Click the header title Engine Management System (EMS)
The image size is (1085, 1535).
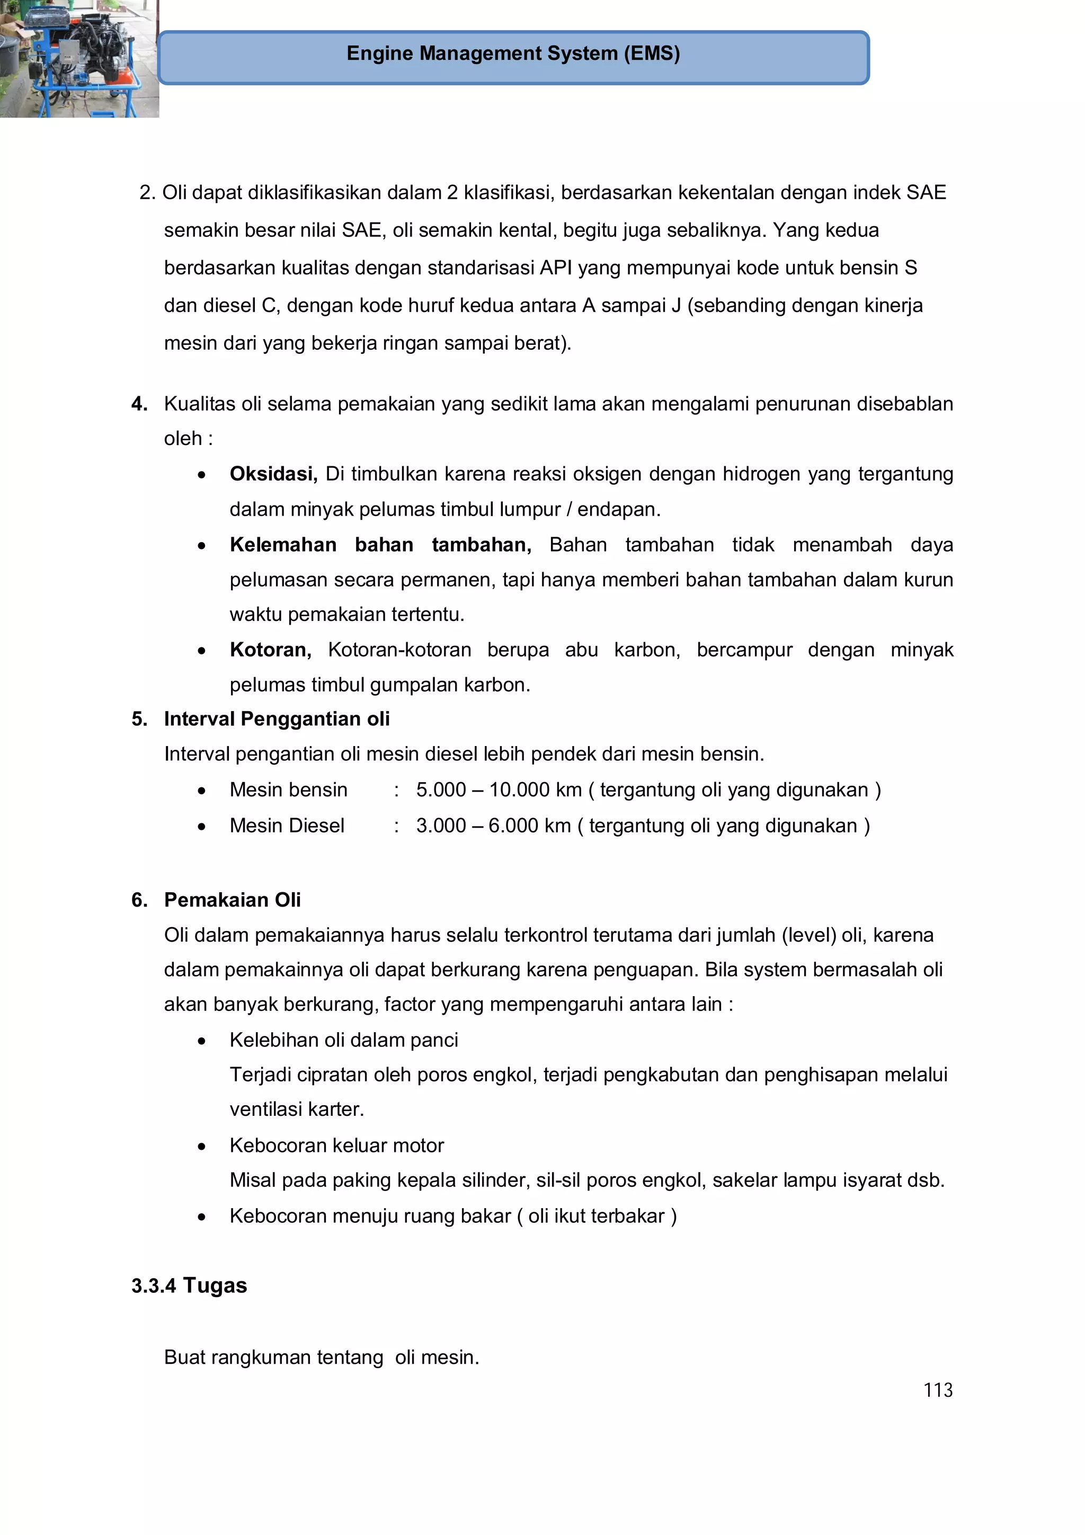pyautogui.click(x=513, y=54)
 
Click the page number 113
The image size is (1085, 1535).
pyautogui.click(x=937, y=1390)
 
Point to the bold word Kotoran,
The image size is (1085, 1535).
pyautogui.click(x=270, y=649)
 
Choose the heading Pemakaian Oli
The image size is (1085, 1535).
pyautogui.click(x=232, y=899)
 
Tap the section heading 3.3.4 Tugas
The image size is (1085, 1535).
pyautogui.click(x=189, y=1285)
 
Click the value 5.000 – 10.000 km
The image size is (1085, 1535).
pyautogui.click(x=498, y=789)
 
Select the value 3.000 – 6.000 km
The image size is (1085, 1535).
pyautogui.click(x=493, y=826)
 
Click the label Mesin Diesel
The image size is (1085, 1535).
pyautogui.click(x=287, y=826)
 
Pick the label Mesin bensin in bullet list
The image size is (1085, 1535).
pyautogui.click(x=288, y=789)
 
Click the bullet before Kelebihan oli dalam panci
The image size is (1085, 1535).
pyautogui.click(x=201, y=1041)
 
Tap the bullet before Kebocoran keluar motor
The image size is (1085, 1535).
pyautogui.click(x=201, y=1146)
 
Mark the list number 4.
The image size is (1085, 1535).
pyautogui.click(x=138, y=404)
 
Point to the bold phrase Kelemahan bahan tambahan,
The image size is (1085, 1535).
pyautogui.click(x=380, y=544)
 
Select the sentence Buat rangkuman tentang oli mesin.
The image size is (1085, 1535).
pyautogui.click(x=322, y=1357)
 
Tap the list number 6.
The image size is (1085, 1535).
pyautogui.click(x=138, y=899)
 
